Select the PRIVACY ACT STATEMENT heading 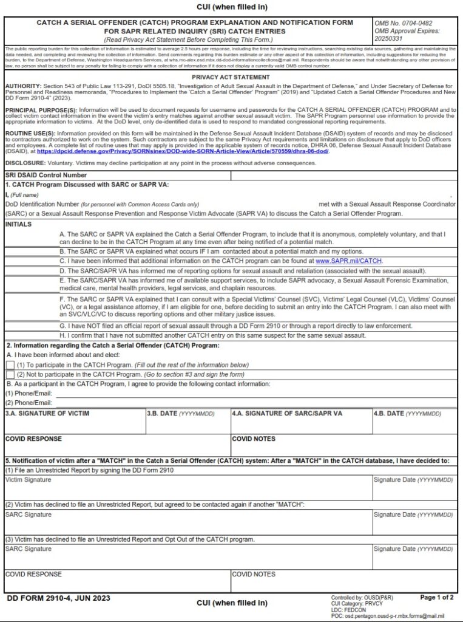coord(231,77)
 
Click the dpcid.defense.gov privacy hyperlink coord(182,151)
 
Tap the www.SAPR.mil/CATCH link coord(349,261)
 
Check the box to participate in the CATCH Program coord(10,364)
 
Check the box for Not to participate coord(10,374)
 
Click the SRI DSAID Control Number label coord(42,176)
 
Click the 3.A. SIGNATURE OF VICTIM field coord(75,425)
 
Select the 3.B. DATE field coord(188,425)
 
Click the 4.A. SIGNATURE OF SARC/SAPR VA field coord(301,425)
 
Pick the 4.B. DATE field coord(414,425)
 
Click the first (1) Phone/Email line coord(255,394)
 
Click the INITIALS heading coord(18,224)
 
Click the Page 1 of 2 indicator coord(436,598)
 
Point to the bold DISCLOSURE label coord(24,163)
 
